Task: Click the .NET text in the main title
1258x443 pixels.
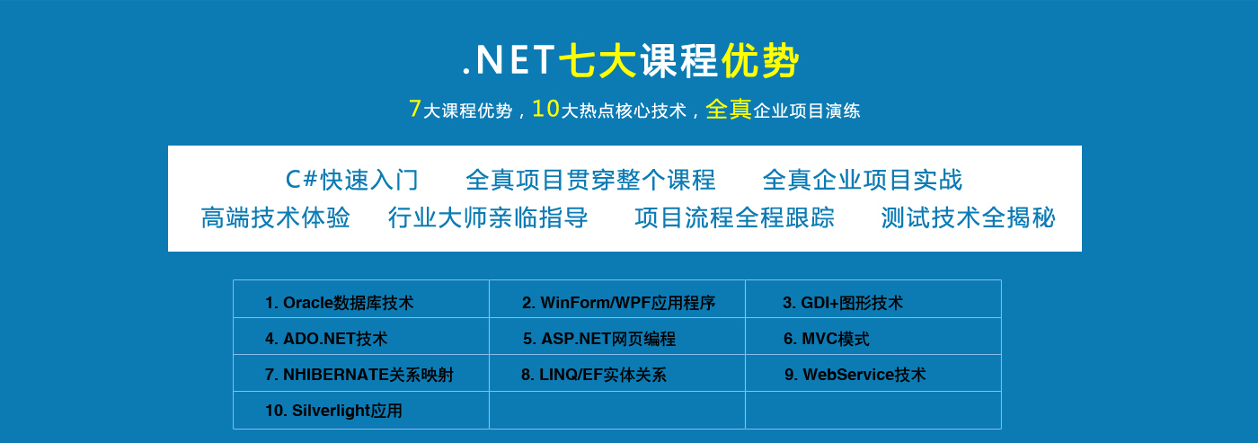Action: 509,60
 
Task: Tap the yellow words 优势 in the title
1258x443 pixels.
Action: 760,60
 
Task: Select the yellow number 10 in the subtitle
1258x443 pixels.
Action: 546,109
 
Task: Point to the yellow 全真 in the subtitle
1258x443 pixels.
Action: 729,109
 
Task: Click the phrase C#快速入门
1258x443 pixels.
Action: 351,181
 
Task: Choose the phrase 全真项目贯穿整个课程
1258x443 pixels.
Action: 590,181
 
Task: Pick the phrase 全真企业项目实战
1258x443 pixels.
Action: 862,181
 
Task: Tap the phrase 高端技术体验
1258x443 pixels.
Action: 275,217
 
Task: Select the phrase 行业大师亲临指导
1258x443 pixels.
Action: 488,217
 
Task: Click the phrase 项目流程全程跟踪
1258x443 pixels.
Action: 735,217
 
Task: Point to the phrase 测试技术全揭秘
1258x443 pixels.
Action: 969,217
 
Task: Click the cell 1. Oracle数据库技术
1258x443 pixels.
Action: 361,299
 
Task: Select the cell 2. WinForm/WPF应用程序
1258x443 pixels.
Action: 617,299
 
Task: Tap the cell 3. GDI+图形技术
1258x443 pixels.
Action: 873,299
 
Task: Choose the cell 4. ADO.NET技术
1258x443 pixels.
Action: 361,336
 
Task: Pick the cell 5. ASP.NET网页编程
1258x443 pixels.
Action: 617,336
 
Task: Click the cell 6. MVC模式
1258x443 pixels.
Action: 873,336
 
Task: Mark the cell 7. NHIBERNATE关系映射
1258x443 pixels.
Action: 361,373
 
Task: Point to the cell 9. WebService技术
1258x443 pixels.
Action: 873,373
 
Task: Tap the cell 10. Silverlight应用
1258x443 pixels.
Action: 361,411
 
